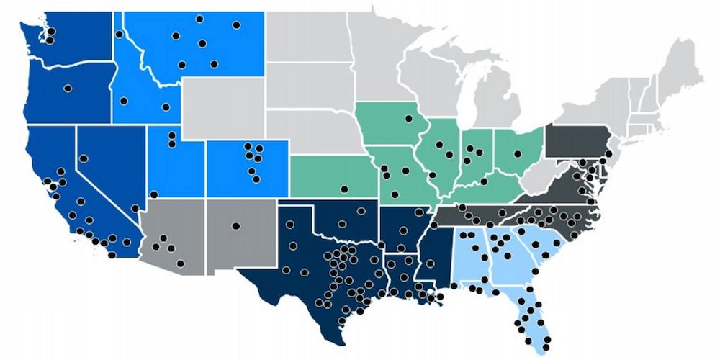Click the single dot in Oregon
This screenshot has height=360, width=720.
[x=68, y=89]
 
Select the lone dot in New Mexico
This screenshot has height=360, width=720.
[x=235, y=226]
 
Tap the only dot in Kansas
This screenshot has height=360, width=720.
[x=344, y=189]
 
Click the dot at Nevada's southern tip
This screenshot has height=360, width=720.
[x=135, y=208]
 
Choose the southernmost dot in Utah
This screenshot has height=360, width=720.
[x=153, y=194]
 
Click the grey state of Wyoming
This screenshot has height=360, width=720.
[x=223, y=108]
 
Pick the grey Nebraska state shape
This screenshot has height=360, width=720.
[x=317, y=130]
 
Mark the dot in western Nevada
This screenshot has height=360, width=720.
[x=84, y=158]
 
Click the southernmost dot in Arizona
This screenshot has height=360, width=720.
[x=172, y=248]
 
